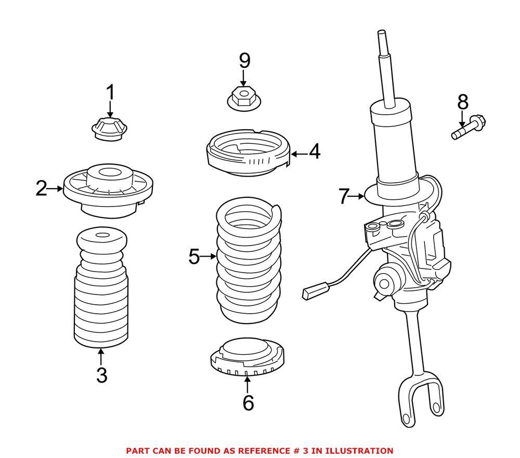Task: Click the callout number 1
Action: point(110,93)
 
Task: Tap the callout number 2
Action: point(41,188)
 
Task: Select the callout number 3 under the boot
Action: point(101,375)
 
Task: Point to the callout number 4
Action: point(315,153)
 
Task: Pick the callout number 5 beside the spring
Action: point(194,256)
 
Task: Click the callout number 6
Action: point(248,402)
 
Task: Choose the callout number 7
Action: point(343,196)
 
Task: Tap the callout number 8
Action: point(462,102)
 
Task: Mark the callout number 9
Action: point(244,61)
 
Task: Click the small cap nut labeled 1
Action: point(109,129)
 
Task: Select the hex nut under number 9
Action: point(243,98)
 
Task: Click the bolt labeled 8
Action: point(469,128)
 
